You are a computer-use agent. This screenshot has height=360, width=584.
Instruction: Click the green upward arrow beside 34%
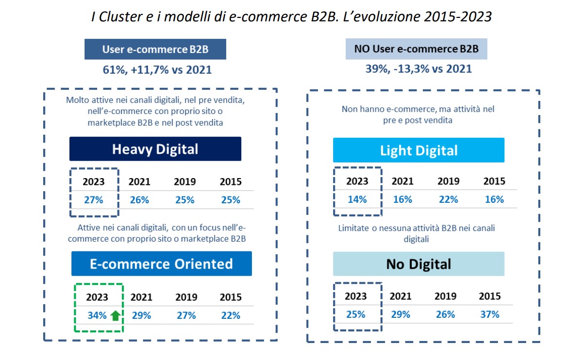pyautogui.click(x=115, y=316)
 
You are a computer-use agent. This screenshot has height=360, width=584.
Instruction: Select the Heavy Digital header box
pyautogui.click(x=155, y=149)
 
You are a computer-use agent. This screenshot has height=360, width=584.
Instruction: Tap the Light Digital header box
pyautogui.click(x=418, y=150)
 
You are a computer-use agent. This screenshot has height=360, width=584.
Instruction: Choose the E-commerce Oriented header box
pyautogui.click(x=162, y=264)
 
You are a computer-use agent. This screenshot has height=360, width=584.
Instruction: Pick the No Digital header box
pyautogui.click(x=418, y=264)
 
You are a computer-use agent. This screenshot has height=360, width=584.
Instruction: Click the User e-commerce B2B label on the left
pyautogui.click(x=155, y=49)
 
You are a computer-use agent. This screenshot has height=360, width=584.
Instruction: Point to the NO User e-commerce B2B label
pyautogui.click(x=417, y=49)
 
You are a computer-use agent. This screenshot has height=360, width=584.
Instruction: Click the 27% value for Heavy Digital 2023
pyautogui.click(x=93, y=200)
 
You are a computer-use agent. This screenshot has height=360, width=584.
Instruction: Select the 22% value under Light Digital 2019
pyautogui.click(x=448, y=199)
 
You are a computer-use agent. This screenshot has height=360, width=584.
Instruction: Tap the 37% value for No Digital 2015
pyautogui.click(x=489, y=314)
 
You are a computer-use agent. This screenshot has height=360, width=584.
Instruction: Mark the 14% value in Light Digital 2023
pyautogui.click(x=357, y=199)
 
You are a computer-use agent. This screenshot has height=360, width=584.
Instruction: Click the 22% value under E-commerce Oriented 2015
pyautogui.click(x=230, y=315)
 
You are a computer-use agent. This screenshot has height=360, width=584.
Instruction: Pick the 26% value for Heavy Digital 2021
pyautogui.click(x=139, y=200)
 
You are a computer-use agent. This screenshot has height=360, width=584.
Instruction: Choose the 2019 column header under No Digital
pyautogui.click(x=445, y=296)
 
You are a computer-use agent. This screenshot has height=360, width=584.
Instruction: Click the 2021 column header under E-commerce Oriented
pyautogui.click(x=141, y=297)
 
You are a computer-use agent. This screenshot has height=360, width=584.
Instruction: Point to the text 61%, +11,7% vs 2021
pyautogui.click(x=157, y=69)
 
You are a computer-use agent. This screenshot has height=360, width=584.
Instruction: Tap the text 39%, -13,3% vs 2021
pyautogui.click(x=418, y=69)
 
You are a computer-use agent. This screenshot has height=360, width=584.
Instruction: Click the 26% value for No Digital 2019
pyautogui.click(x=445, y=314)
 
